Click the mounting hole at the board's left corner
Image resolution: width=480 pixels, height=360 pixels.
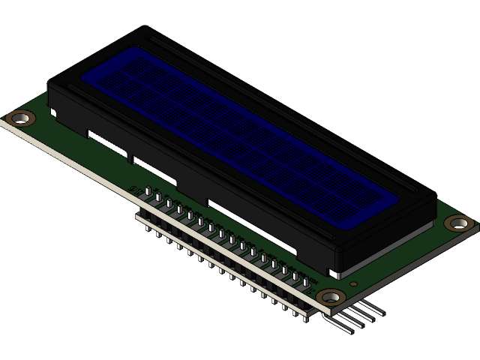20,118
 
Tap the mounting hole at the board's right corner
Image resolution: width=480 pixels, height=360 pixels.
458,223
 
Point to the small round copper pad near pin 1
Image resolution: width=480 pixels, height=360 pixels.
310,287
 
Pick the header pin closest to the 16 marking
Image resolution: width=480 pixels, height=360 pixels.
149,196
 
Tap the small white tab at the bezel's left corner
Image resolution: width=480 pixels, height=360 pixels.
53,112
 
